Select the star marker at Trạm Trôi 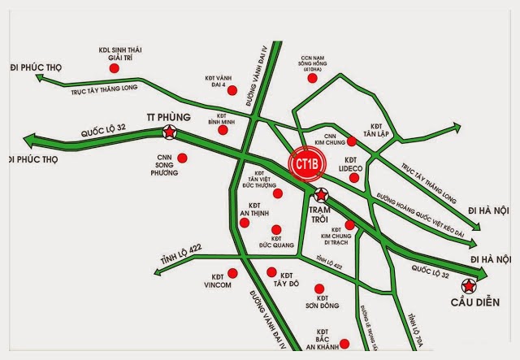point(321,195)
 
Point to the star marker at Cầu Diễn point(469,285)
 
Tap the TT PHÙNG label point(169,116)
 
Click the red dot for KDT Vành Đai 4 point(232,90)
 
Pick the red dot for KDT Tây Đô point(271,272)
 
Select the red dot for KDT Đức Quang point(277,230)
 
